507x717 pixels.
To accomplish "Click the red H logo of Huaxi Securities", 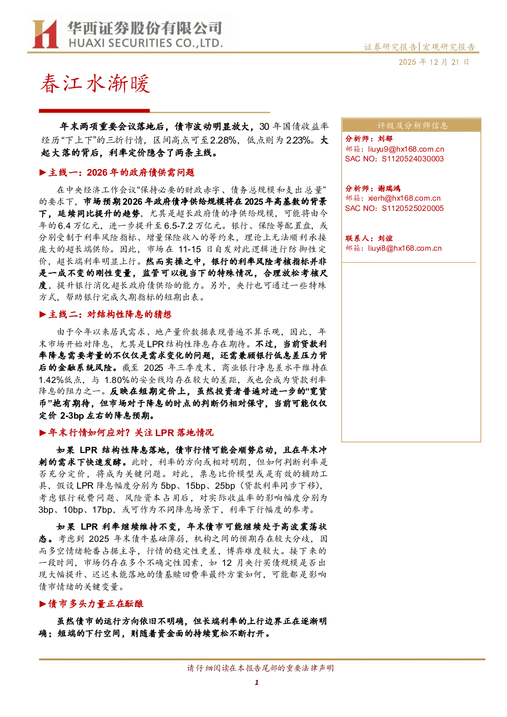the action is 45,34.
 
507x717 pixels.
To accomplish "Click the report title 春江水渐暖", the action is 95,84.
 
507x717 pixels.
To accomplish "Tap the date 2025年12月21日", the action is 433,62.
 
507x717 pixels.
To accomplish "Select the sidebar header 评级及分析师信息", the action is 412,126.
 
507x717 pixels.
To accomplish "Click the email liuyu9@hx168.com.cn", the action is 406,149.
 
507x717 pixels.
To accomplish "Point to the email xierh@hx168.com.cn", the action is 404,198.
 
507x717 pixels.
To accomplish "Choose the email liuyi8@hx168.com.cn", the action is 404,248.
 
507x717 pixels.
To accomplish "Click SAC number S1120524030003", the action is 413,159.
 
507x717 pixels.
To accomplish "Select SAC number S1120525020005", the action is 413,208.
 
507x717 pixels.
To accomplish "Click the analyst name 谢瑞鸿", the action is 389,188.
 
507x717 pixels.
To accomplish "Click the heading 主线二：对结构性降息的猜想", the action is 109,315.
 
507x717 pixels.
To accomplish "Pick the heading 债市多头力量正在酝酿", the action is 95,604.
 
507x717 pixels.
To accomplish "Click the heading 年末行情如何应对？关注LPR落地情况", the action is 131,433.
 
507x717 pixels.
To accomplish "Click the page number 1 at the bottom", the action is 256,683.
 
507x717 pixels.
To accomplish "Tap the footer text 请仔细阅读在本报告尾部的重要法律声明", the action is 260,667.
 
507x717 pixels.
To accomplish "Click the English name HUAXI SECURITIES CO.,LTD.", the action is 146,43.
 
